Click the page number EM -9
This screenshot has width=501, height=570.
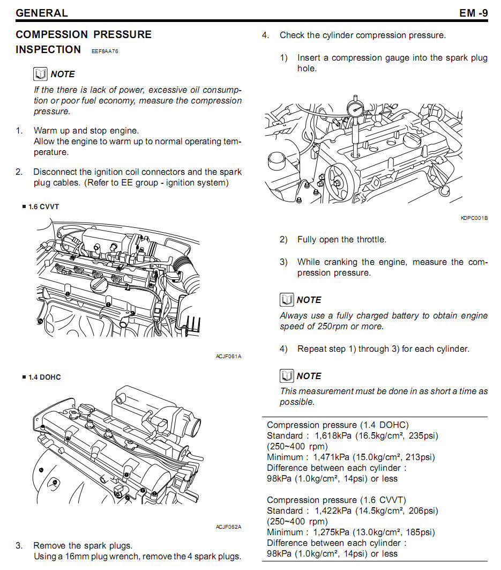point(473,12)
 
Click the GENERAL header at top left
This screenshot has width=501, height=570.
point(42,13)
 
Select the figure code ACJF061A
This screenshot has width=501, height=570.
point(229,356)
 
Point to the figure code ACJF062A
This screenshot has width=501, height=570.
point(229,527)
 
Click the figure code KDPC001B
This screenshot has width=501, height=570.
point(474,218)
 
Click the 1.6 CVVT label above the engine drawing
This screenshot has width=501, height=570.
point(43,206)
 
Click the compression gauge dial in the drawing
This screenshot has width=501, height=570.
point(356,109)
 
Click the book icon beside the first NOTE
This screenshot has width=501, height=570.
point(40,74)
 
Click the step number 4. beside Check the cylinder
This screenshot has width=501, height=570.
point(265,35)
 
